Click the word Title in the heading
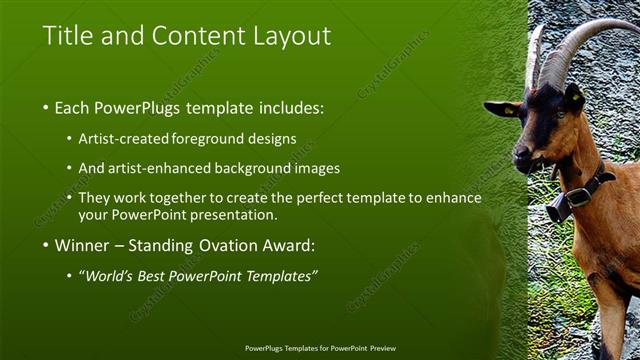click(67, 36)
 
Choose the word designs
click(276, 138)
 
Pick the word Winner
click(83, 245)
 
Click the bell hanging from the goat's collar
click(559, 207)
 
